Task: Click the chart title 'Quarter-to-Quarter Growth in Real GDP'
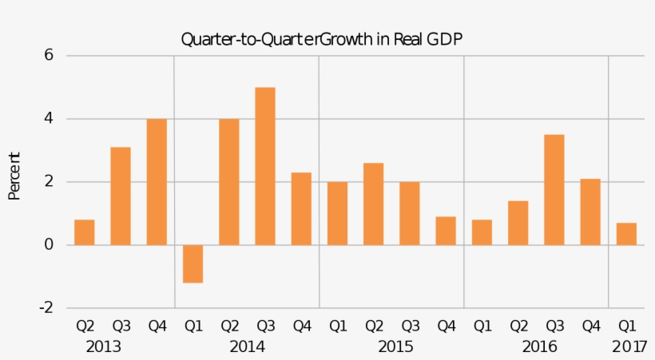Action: point(321,39)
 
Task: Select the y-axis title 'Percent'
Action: point(14,176)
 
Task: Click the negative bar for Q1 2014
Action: point(193,264)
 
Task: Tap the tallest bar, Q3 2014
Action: point(265,166)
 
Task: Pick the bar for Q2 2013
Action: point(85,232)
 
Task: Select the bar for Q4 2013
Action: point(157,182)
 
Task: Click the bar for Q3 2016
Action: point(554,190)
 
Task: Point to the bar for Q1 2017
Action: point(626,234)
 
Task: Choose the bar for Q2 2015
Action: point(373,204)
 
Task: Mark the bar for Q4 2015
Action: point(446,231)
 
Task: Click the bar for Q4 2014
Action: point(301,209)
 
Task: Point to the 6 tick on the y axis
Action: point(49,56)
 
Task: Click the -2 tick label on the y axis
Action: point(46,308)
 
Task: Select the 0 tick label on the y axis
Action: point(49,245)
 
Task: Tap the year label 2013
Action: point(103,347)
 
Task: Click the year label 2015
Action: point(395,347)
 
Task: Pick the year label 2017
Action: point(629,347)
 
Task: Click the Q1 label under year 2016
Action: point(482,326)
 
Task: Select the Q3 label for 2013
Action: point(121,326)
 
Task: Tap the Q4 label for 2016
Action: point(590,326)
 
